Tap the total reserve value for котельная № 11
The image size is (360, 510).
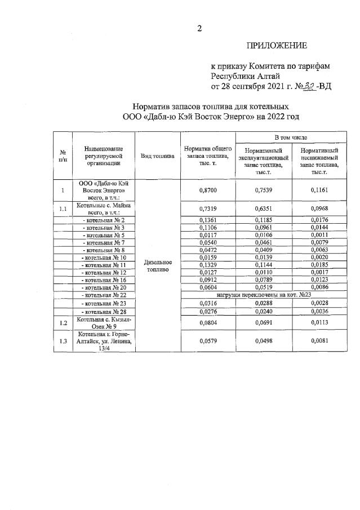[208, 264]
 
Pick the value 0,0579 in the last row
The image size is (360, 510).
[208, 341]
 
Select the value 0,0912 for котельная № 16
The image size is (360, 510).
[208, 280]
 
